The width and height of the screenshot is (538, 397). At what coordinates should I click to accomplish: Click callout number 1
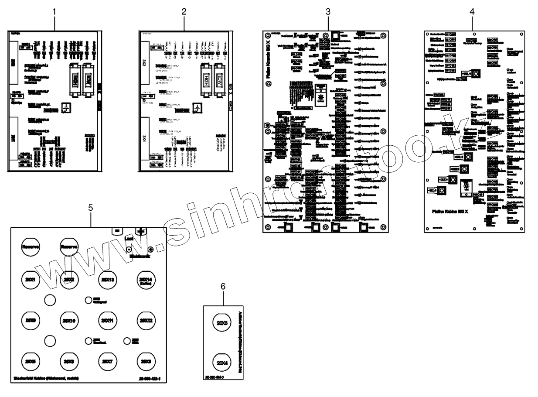[x=54, y=12]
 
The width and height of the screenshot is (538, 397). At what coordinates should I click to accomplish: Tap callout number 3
[x=328, y=12]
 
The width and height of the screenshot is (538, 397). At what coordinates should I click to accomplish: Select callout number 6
[x=223, y=286]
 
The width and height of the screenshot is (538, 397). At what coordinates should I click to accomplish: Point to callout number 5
[x=90, y=207]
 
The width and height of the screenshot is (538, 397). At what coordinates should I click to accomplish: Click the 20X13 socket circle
[x=107, y=279]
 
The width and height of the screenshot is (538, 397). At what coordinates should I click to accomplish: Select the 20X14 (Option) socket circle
[x=145, y=279]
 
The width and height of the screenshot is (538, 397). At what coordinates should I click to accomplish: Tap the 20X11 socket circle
[x=107, y=321]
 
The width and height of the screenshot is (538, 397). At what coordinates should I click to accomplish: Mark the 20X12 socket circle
[x=145, y=321]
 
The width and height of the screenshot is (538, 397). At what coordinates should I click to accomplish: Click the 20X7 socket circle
[x=107, y=362]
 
